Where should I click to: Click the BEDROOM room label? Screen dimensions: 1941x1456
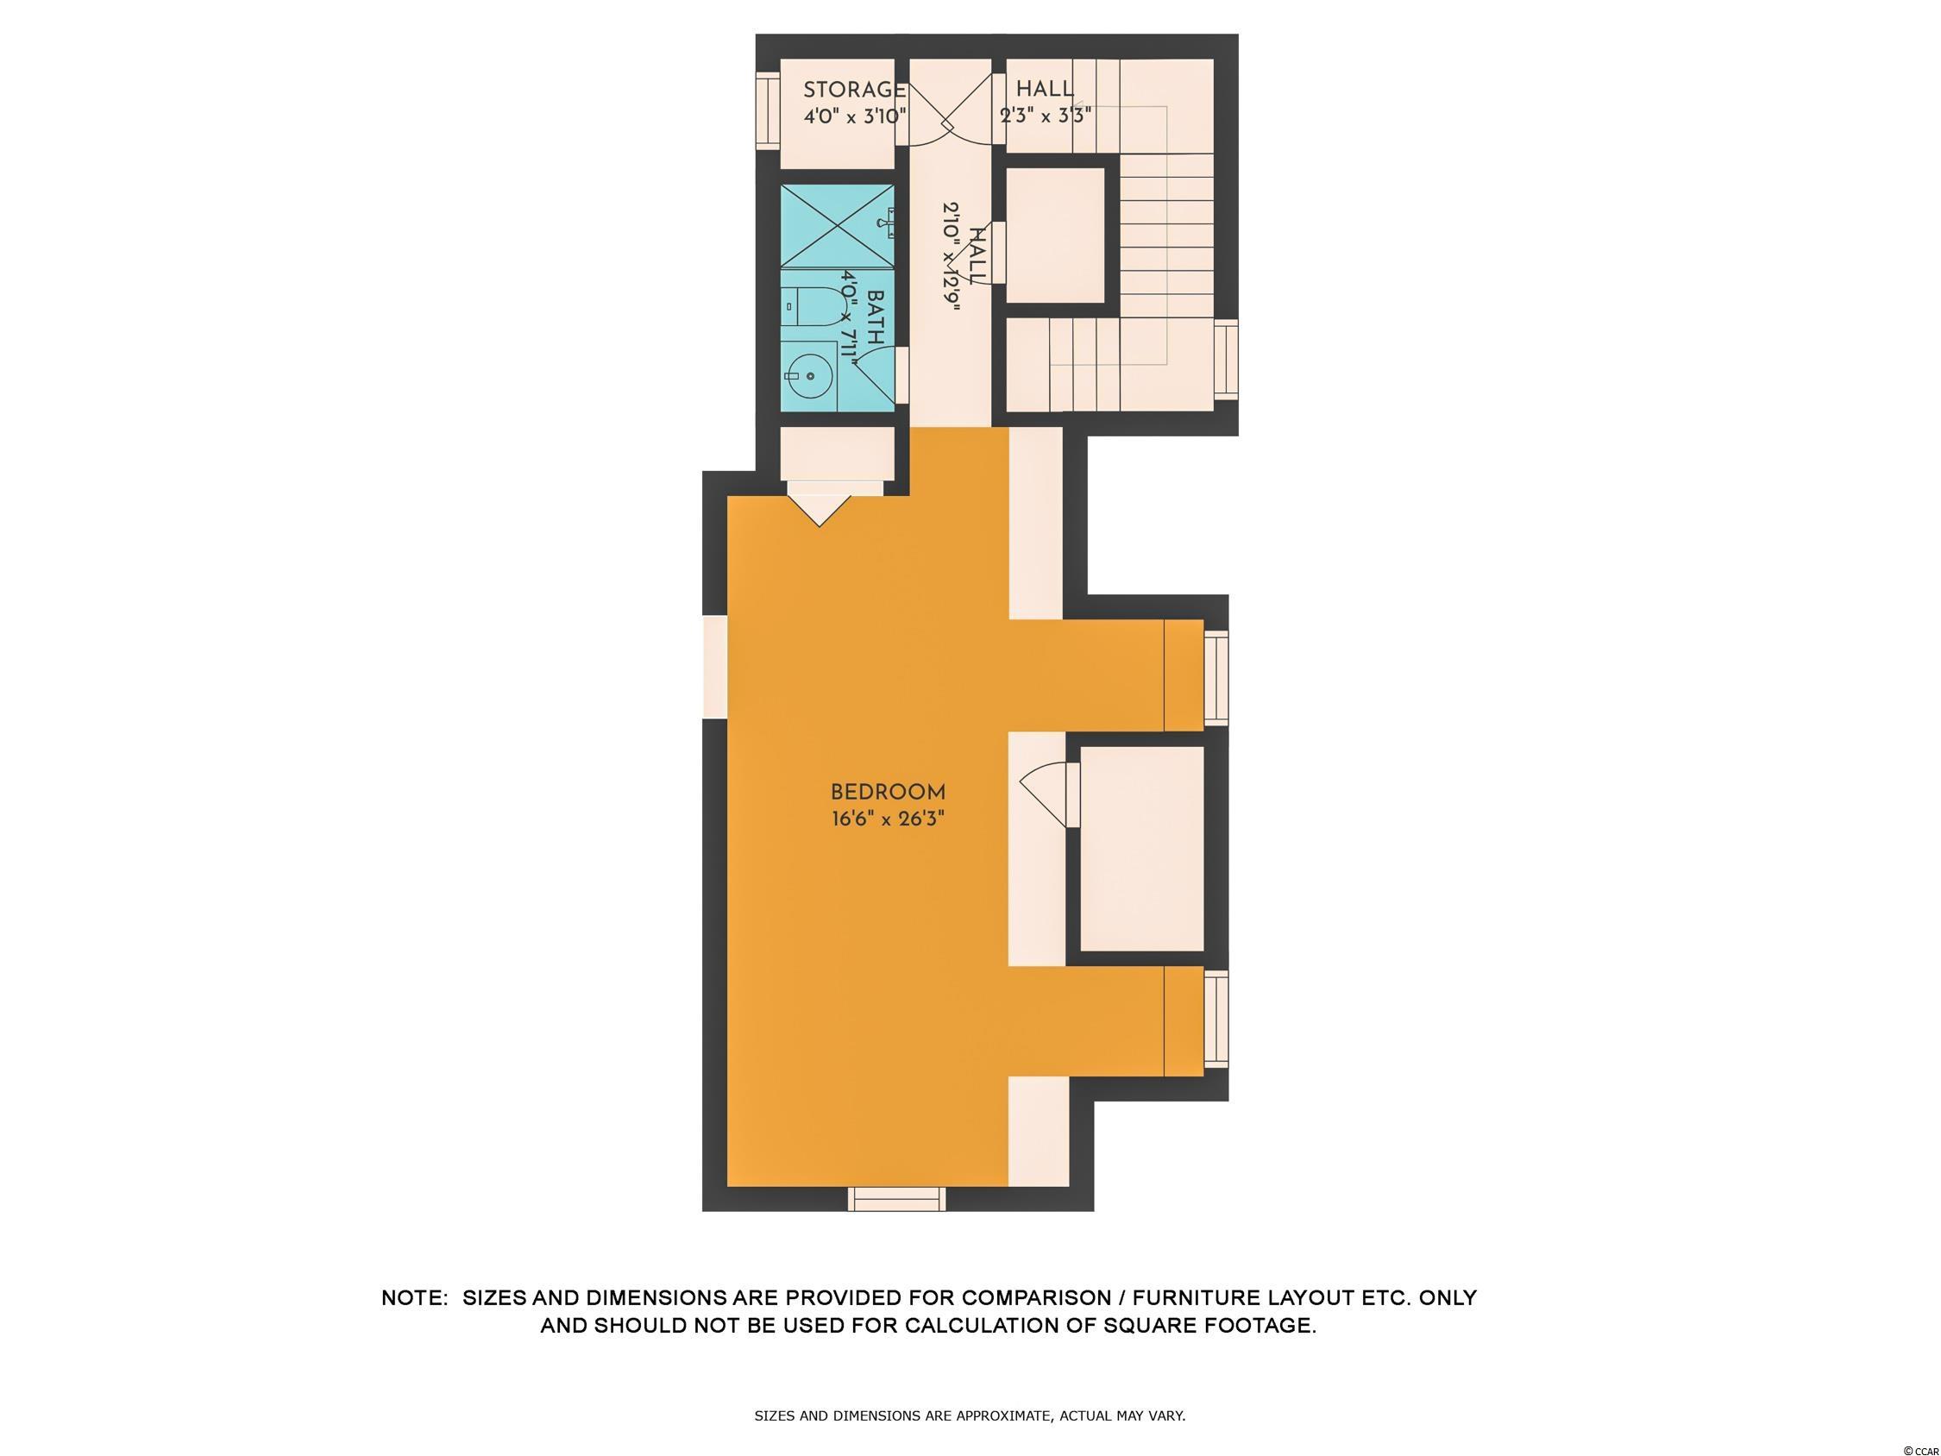pos(888,792)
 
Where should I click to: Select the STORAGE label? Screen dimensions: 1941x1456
pos(855,90)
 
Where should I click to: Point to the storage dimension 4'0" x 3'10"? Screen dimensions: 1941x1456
pos(855,116)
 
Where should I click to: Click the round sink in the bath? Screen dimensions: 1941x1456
pos(807,376)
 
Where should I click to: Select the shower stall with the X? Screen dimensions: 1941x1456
pos(837,224)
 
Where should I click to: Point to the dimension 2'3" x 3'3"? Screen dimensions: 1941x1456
pos(1046,116)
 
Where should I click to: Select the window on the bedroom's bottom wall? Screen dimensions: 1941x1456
pos(897,1199)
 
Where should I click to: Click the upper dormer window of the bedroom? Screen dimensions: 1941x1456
pos(1216,680)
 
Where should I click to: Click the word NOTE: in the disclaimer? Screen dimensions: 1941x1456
pos(414,1297)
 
